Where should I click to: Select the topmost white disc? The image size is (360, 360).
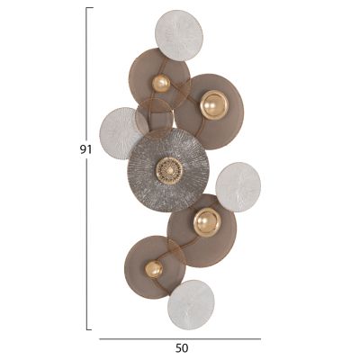[179, 34]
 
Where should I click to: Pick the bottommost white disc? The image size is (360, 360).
[191, 302]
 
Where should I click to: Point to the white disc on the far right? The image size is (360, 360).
[238, 186]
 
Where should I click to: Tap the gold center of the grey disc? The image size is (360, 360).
[167, 169]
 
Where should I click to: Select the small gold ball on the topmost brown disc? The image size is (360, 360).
[161, 84]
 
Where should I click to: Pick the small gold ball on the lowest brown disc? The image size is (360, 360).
[154, 269]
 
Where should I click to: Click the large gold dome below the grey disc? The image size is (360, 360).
[206, 221]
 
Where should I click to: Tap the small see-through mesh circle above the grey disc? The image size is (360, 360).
[154, 116]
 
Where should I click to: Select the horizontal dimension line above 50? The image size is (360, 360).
[180, 338]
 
